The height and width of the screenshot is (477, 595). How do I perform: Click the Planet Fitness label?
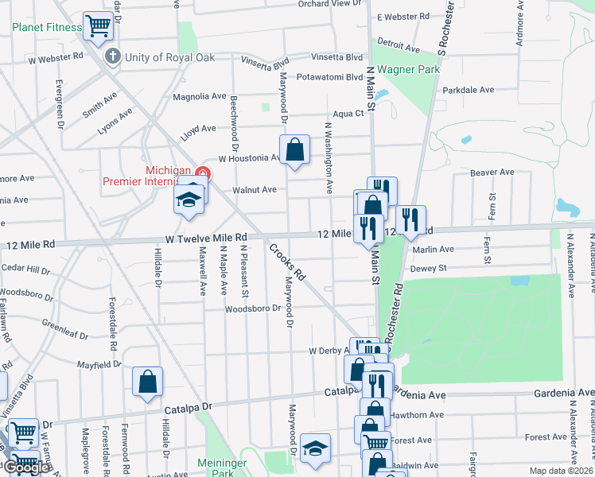[x=47, y=27]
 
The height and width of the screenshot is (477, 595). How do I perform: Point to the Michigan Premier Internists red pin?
[x=203, y=173]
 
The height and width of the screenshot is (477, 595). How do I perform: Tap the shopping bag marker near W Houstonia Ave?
[x=294, y=149]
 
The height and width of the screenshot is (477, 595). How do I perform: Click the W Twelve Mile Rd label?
[x=207, y=238]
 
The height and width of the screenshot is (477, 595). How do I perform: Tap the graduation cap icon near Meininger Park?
[x=315, y=448]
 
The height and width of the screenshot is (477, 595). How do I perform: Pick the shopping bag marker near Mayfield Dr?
[x=148, y=381]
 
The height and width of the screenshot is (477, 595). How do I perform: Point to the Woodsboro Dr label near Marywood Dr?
[x=253, y=308]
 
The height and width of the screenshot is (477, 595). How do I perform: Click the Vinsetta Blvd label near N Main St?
[x=339, y=57]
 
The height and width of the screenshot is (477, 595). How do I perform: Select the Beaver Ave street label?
[x=492, y=172]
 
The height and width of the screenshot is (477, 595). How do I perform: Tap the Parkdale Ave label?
[x=469, y=90]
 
